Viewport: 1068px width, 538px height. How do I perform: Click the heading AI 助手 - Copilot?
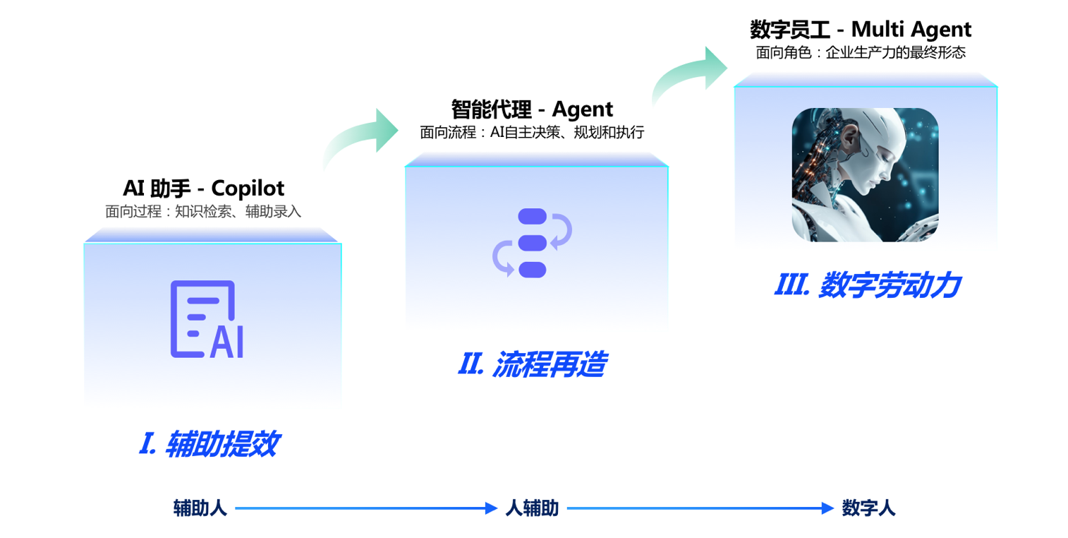click(203, 188)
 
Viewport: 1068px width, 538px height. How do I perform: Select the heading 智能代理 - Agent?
click(532, 109)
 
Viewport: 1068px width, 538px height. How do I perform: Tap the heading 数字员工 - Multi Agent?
click(860, 30)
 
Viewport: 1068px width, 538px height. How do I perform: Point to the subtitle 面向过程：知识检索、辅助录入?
click(203, 211)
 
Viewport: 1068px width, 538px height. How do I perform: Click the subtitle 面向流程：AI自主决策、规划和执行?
click(532, 132)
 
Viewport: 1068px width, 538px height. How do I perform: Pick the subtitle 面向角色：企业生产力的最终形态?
click(860, 52)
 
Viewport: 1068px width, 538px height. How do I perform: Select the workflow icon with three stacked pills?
click(532, 242)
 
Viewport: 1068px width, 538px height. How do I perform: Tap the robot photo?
click(865, 175)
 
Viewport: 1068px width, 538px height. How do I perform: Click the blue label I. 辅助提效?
click(209, 444)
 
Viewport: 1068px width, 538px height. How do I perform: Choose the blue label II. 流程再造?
click(532, 364)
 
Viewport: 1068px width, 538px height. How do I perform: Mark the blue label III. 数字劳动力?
click(867, 285)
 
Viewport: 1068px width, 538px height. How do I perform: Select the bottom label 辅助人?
click(200, 508)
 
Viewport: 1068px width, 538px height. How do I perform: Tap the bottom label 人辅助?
click(532, 508)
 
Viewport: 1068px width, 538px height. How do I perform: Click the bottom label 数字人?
click(868, 508)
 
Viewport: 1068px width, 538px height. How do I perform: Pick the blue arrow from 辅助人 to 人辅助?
click(365, 508)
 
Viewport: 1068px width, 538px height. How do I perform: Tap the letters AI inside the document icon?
click(226, 342)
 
